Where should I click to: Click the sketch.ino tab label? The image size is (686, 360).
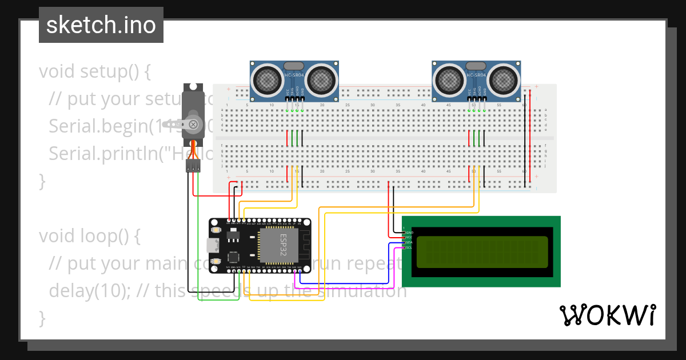click(x=101, y=25)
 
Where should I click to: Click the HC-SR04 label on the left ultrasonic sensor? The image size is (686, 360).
click(x=294, y=75)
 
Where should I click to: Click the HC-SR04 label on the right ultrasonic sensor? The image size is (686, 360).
click(x=476, y=75)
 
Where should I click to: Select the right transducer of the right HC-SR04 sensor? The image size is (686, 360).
click(x=504, y=79)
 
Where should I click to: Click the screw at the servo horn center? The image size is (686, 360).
click(x=194, y=124)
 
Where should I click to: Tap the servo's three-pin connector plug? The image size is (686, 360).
click(x=193, y=166)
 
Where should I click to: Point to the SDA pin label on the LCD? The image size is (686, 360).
click(x=409, y=242)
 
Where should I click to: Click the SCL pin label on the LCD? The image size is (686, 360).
click(x=409, y=247)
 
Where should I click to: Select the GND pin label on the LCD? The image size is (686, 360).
click(x=409, y=233)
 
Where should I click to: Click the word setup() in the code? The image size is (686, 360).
click(x=115, y=72)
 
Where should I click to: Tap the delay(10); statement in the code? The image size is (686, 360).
click(x=91, y=290)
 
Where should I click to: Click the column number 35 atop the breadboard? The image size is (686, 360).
click(x=398, y=105)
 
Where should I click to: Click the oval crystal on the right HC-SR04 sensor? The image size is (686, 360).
click(x=476, y=66)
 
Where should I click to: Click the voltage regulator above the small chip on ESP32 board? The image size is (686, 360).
click(x=232, y=235)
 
